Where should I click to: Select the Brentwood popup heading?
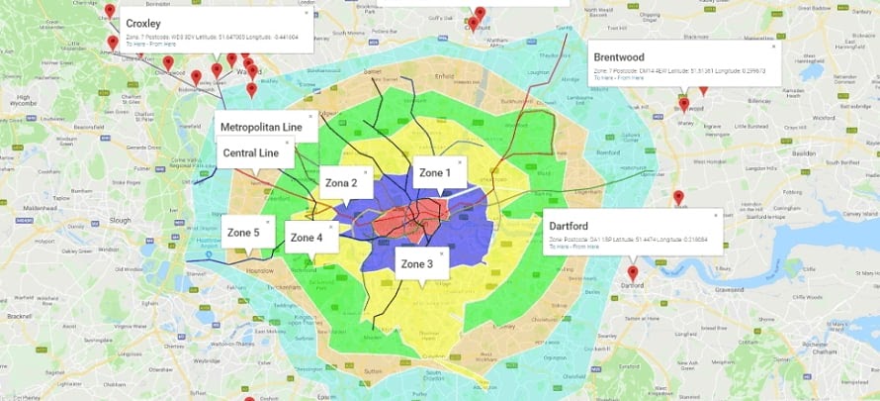619,57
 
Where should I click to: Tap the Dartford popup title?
569,226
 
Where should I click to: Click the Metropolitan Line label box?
261,128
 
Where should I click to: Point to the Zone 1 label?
434,172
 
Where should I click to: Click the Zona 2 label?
341,183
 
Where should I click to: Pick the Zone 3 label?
418,263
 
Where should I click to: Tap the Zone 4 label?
307,238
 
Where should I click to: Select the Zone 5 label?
243,233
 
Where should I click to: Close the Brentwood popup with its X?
773,46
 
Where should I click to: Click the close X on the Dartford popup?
717,214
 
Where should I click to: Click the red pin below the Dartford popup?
633,271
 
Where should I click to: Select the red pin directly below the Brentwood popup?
683,103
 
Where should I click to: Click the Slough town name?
121,220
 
